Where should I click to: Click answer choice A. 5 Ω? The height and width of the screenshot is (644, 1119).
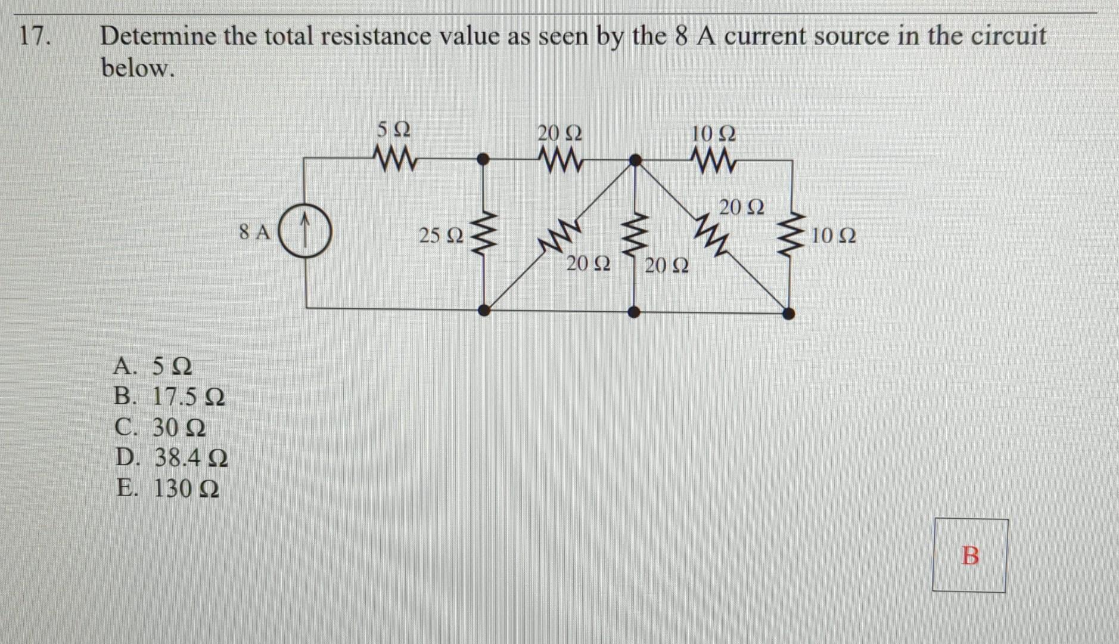coord(153,366)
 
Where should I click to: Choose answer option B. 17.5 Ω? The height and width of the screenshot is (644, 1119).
coord(169,396)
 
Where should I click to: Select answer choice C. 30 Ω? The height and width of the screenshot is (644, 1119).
coord(160,427)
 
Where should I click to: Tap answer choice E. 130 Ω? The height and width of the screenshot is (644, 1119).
coord(167,488)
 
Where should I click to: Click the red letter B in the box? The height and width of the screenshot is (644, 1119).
coord(970,555)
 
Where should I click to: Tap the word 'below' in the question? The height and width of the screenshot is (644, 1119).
coord(138,68)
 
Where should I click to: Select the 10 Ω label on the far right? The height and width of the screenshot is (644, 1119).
coord(834,236)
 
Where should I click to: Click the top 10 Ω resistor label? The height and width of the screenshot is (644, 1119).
coord(713,133)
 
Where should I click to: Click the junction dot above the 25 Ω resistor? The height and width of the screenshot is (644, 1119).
coord(484,159)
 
